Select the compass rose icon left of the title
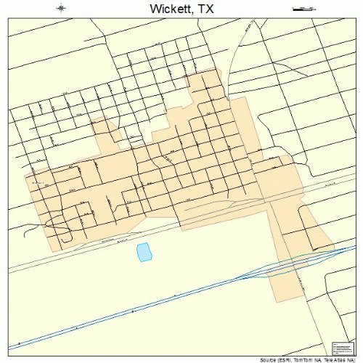coord(61,9)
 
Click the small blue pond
coord(144,252)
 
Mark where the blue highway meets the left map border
coord(9,349)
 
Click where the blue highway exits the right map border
coord(354,245)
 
